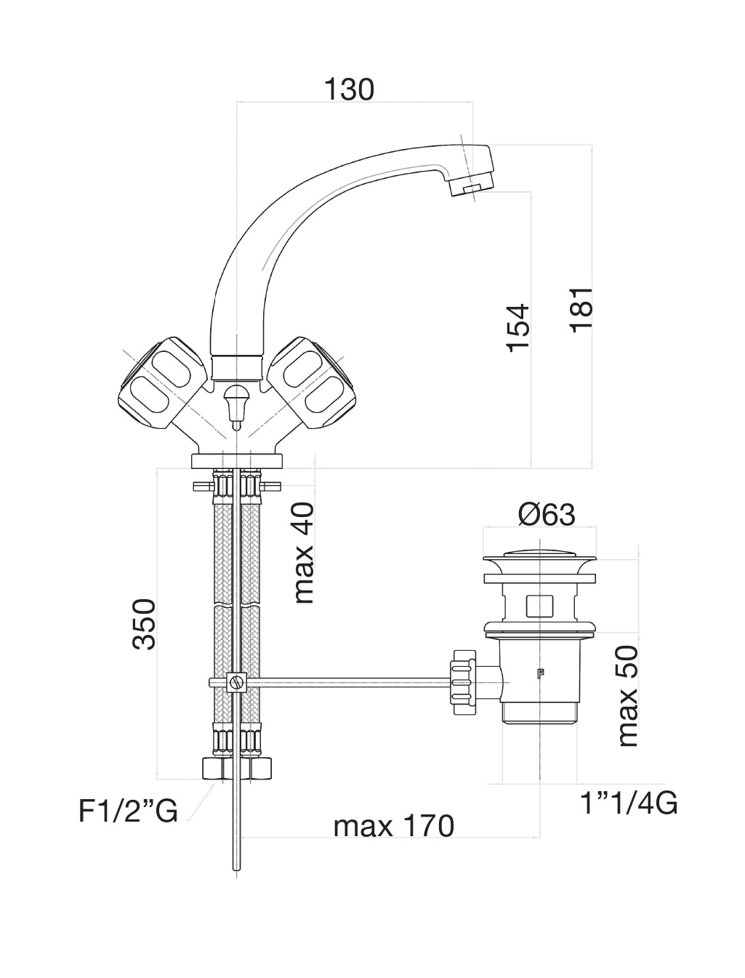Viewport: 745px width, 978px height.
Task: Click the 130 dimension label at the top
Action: click(349, 89)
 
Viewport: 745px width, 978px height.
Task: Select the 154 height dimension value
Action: click(519, 328)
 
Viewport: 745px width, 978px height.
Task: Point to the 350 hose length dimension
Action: click(145, 624)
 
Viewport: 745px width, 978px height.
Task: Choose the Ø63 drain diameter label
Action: click(547, 515)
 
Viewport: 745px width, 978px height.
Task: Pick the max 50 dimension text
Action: click(628, 696)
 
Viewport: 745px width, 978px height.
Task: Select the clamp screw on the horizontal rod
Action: click(236, 682)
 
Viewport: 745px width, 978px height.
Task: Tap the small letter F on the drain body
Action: click(541, 673)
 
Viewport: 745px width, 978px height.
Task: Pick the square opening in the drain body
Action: click(539, 606)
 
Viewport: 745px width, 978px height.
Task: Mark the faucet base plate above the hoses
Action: click(236, 461)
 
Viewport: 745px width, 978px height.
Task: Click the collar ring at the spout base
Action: click(236, 368)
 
